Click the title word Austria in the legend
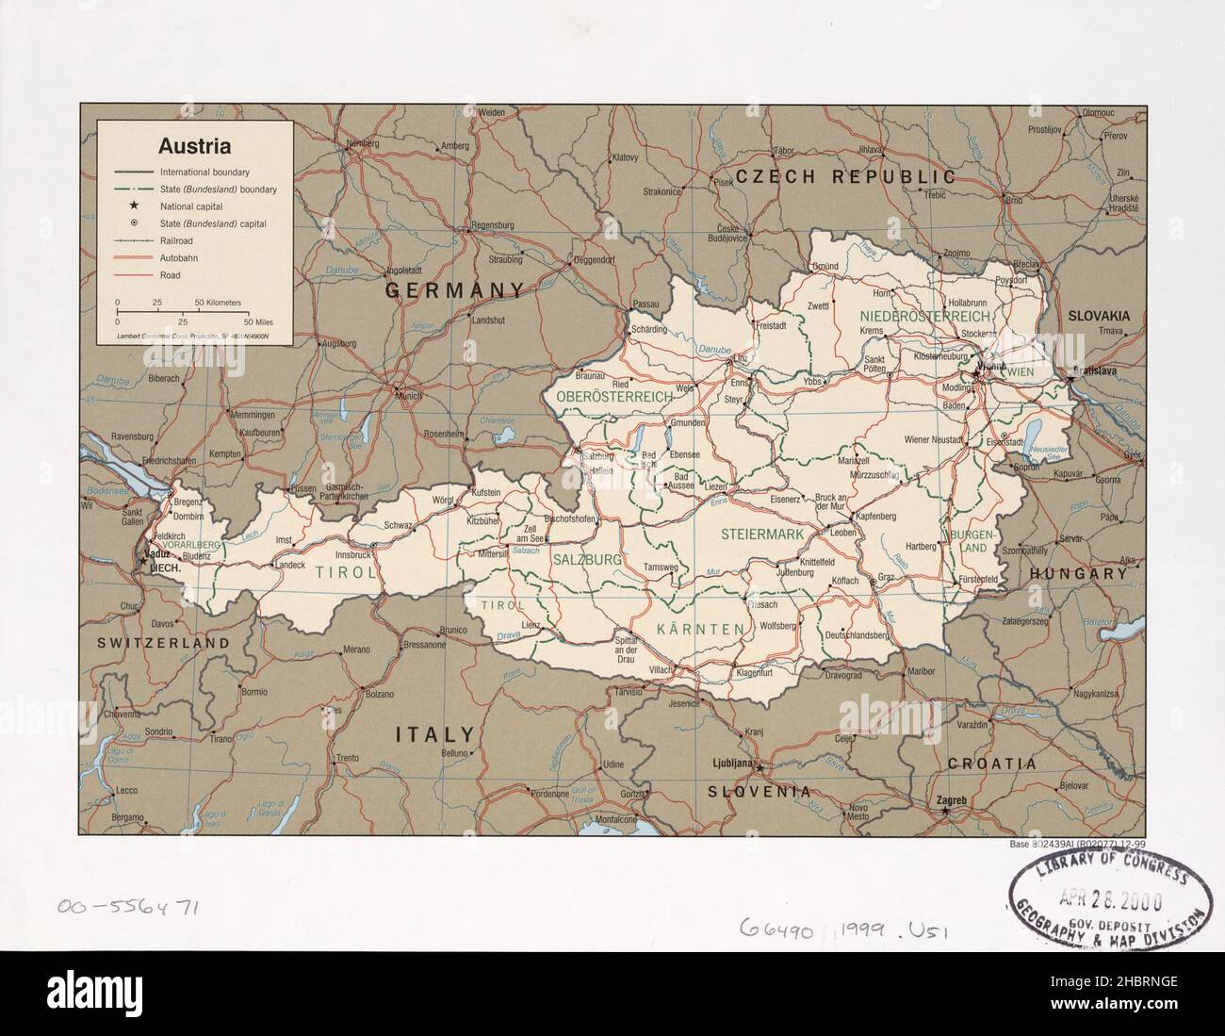click(x=195, y=147)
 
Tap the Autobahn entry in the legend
click(x=178, y=257)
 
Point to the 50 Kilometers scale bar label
click(x=218, y=303)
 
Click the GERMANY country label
click(x=454, y=291)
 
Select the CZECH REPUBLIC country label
click(x=845, y=176)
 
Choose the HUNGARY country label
click(x=1078, y=573)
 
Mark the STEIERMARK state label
click(x=761, y=534)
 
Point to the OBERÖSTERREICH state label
click(x=614, y=398)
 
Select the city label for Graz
click(x=885, y=576)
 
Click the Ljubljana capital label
click(x=729, y=762)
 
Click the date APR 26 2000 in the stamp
click(x=1112, y=897)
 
